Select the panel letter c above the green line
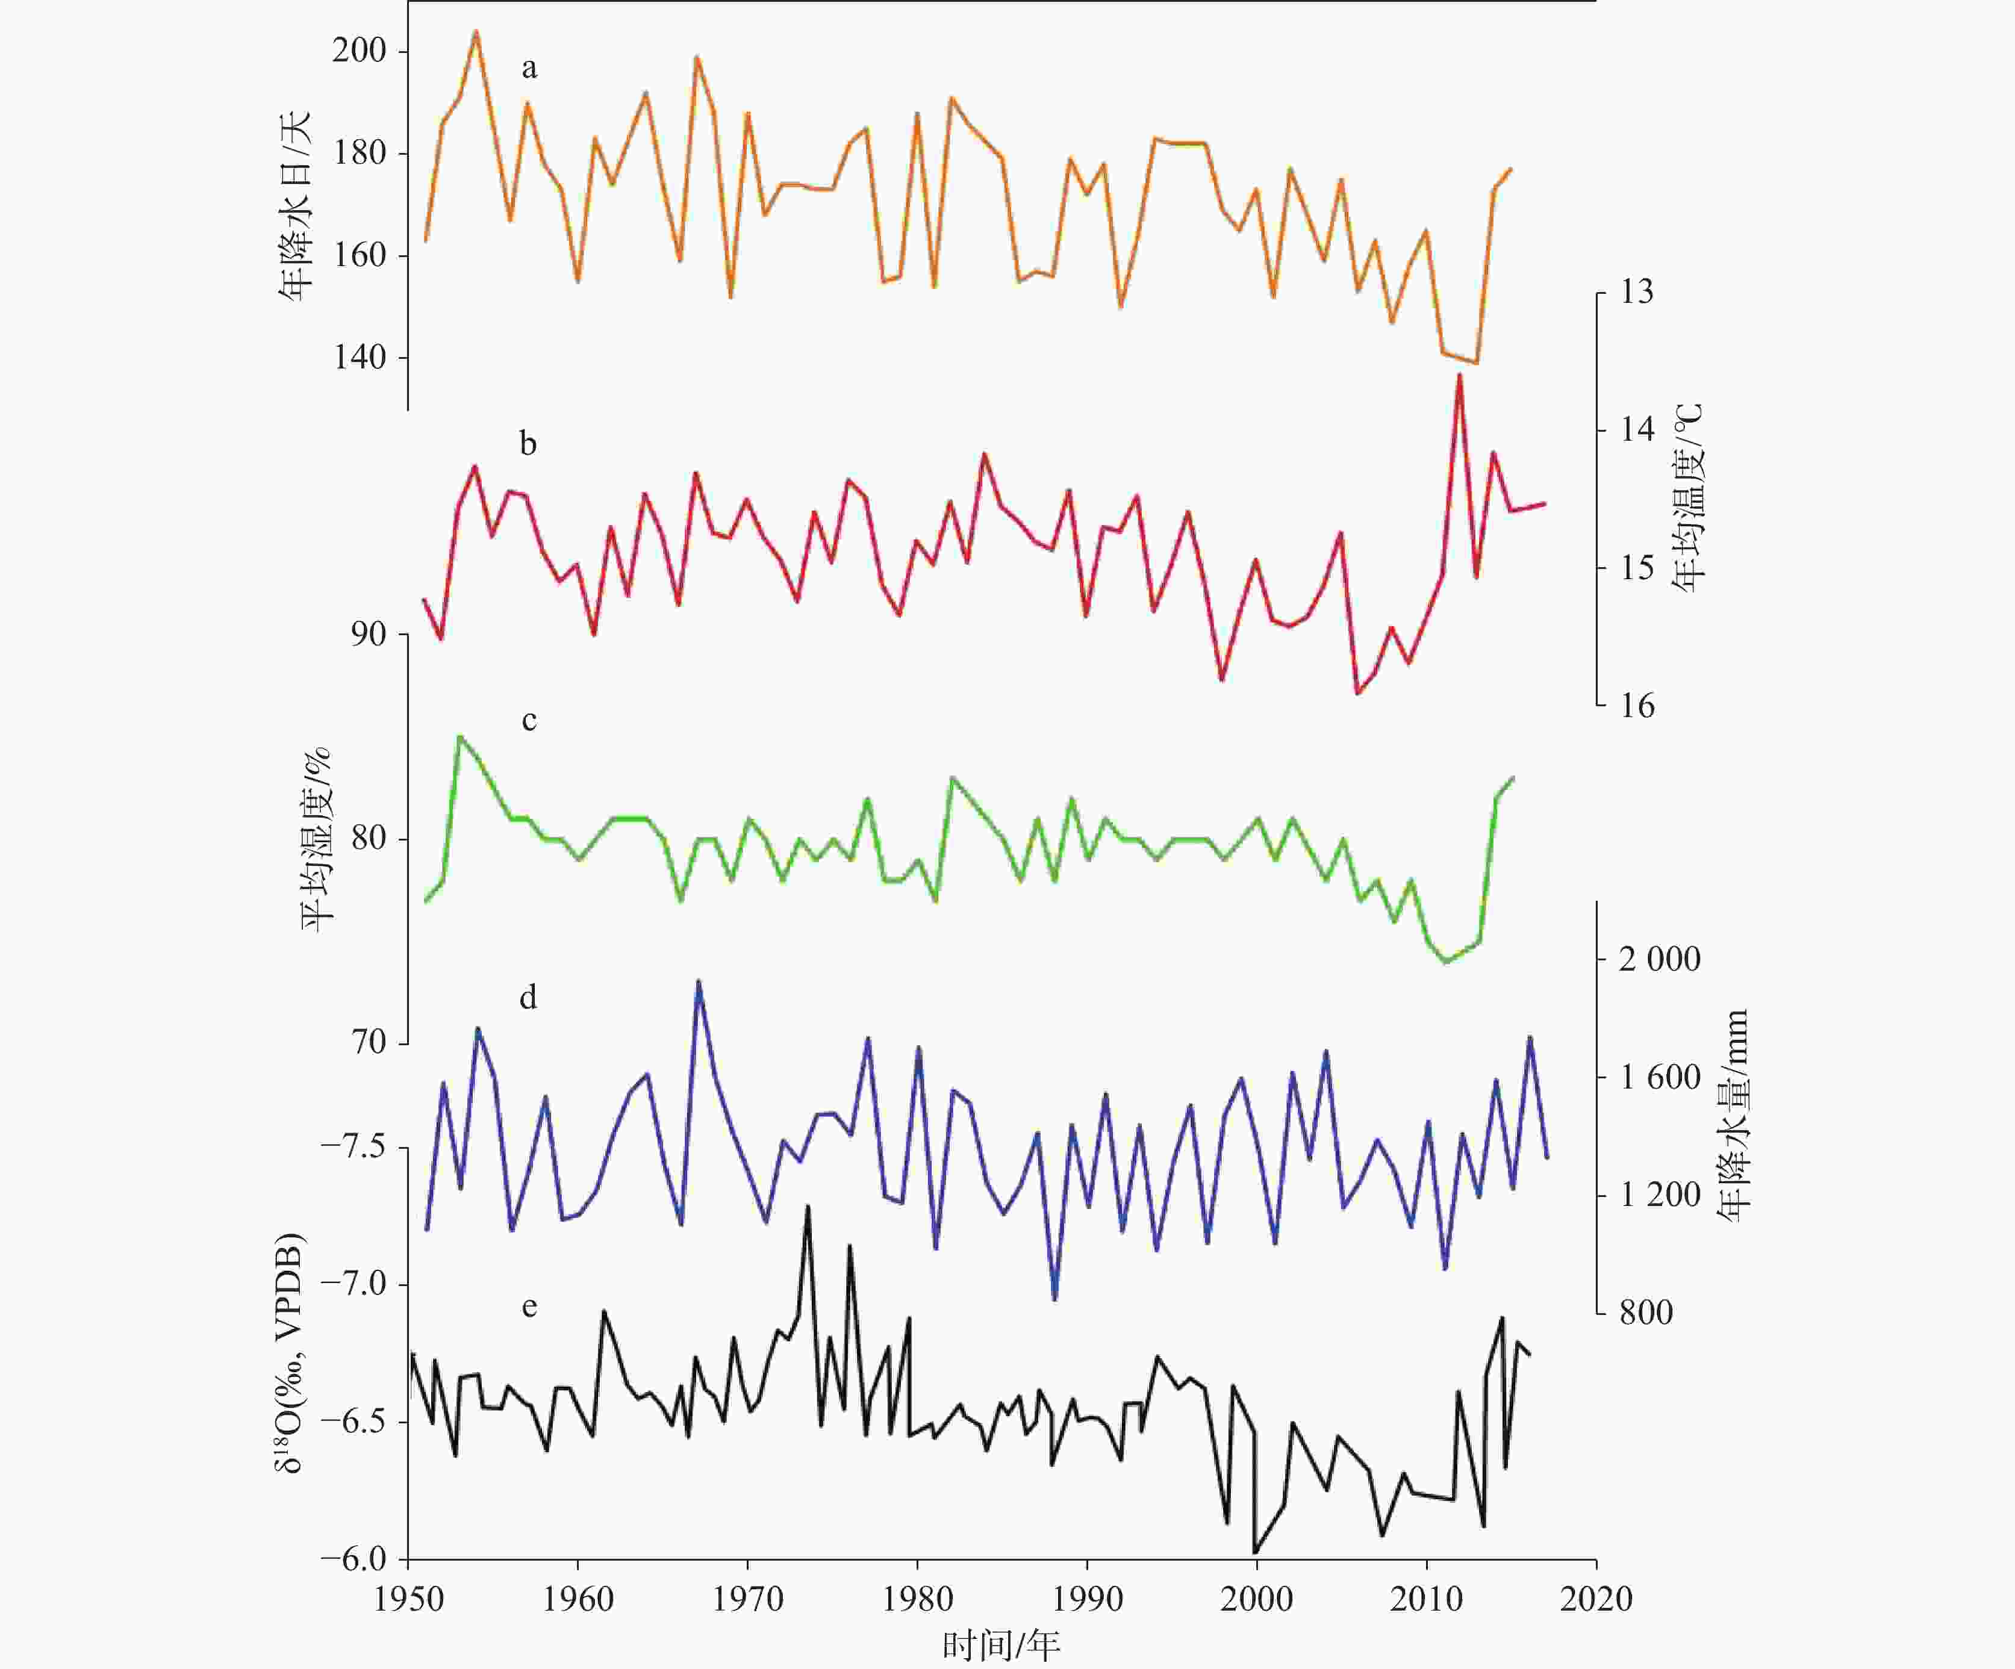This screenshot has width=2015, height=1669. pyautogui.click(x=529, y=720)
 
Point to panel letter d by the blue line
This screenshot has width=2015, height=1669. pyautogui.click(x=528, y=998)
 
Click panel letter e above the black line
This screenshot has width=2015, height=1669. pyautogui.click(x=529, y=1307)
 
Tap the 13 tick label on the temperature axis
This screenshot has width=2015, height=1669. pyautogui.click(x=1637, y=291)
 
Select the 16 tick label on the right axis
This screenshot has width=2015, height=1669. pyautogui.click(x=1637, y=706)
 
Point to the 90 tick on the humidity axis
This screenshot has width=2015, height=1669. pyautogui.click(x=369, y=634)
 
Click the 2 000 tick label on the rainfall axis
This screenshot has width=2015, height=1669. pyautogui.click(x=1659, y=959)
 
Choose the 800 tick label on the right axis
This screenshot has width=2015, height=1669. pyautogui.click(x=1646, y=1312)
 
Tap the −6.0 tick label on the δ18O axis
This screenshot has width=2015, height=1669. pyautogui.click(x=352, y=1559)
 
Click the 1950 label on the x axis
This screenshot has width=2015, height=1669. pyautogui.click(x=409, y=1599)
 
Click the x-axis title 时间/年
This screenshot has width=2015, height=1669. pyautogui.click(x=1001, y=1646)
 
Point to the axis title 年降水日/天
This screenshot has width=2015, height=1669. pyautogui.click(x=296, y=207)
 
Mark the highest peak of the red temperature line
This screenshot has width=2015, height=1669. pyautogui.click(x=1459, y=375)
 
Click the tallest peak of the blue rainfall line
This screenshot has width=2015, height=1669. pyautogui.click(x=699, y=981)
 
